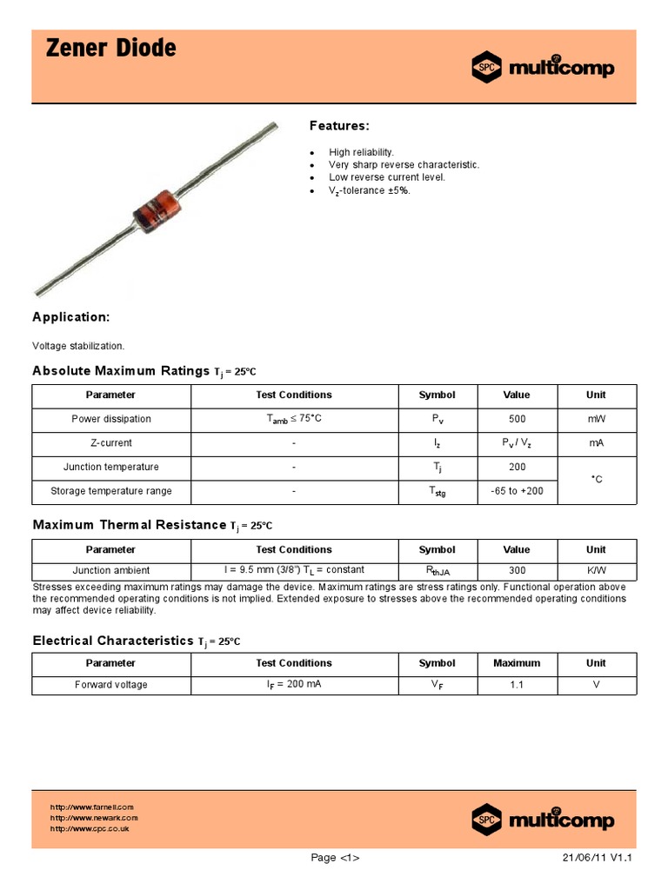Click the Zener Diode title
(x=110, y=50)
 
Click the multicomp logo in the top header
(x=543, y=68)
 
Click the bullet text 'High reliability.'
(x=361, y=152)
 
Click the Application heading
(x=70, y=317)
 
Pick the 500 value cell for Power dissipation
(x=517, y=419)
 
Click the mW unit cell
(x=596, y=419)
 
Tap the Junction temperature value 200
(x=517, y=467)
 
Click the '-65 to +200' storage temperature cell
(x=517, y=491)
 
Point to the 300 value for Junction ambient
(x=517, y=571)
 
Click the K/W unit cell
(x=596, y=571)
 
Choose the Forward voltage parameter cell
(x=111, y=685)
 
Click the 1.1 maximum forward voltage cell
(x=517, y=685)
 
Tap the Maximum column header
(x=517, y=663)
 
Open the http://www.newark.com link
(x=94, y=818)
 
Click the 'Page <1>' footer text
(x=335, y=858)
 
